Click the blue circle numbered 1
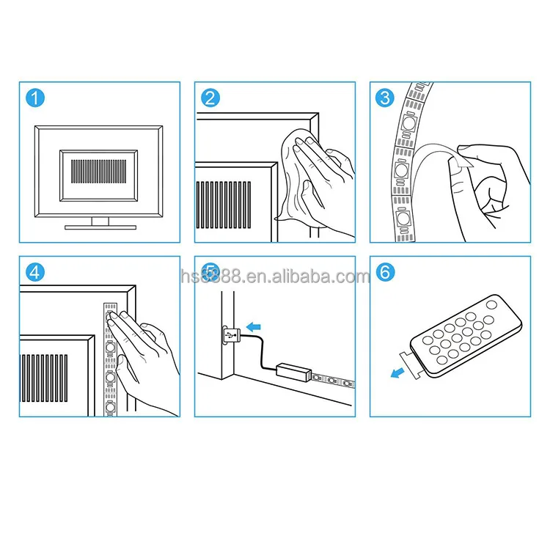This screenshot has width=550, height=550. click(x=35, y=98)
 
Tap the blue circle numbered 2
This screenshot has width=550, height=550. click(x=210, y=98)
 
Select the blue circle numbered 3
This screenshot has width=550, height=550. click(x=385, y=98)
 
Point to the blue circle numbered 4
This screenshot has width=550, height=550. click(x=35, y=272)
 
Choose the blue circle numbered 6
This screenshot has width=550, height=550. click(x=385, y=272)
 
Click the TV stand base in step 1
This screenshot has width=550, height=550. click(x=100, y=227)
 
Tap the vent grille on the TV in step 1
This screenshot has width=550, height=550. click(x=98, y=172)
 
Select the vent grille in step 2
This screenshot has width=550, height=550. click(x=224, y=205)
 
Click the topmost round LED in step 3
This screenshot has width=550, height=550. click(x=408, y=122)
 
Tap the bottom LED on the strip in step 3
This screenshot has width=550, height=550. click(x=403, y=219)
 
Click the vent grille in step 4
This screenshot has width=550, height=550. click(x=44, y=378)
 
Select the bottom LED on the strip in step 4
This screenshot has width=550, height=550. click(x=110, y=408)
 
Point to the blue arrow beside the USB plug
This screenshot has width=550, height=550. click(x=254, y=327)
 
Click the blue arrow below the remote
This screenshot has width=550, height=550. click(x=397, y=373)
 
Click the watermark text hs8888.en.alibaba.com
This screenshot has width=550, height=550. click(x=275, y=276)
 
